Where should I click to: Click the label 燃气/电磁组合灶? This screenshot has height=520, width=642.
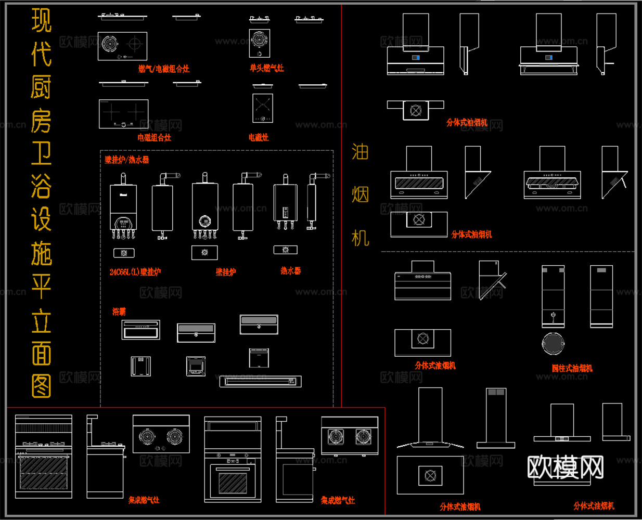coord(163,69)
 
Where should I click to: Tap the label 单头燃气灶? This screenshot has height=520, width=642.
coord(267,68)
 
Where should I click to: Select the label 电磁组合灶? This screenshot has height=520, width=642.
coord(154,137)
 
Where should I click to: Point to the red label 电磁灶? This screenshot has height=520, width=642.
coord(259,137)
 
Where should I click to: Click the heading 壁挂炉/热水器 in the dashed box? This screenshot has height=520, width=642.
coord(127,160)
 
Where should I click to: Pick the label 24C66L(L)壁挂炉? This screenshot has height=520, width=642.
coord(135,271)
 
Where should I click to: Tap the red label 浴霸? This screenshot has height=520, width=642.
coord(119,311)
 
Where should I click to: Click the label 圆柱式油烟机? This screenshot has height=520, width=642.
coord(572,368)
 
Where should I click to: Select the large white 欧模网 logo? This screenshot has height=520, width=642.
coord(565,466)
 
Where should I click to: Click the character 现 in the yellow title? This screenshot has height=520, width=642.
coord(41,21)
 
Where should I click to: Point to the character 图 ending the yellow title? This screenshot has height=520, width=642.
coord(41,386)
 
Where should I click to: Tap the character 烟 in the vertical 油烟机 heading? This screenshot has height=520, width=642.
coord(360,195)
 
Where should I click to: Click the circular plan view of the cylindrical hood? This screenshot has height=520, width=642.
coord(553,344)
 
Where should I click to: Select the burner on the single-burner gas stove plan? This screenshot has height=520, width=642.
coord(259,40)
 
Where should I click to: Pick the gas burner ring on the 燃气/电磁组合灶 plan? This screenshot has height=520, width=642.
coord(110,44)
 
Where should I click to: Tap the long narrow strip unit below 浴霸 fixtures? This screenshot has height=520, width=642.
coord(260,382)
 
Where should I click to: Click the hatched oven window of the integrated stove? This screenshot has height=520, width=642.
coord(233,483)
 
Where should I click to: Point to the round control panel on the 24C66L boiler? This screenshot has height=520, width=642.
coord(123,223)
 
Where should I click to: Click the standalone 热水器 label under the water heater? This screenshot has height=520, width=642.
coord(290,271)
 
